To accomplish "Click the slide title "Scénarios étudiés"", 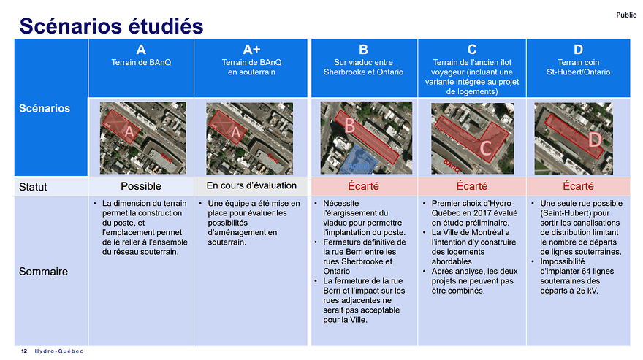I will point(111,26).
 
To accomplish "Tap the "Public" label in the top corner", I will point(625,15).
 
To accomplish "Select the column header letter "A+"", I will point(251,49).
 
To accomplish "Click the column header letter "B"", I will point(363,49).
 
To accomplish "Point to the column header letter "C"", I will point(472,49).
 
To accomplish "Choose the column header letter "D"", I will point(578,49).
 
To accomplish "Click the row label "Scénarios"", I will point(45,108).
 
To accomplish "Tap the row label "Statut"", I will point(33,187).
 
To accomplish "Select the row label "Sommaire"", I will point(43,271).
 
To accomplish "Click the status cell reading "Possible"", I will point(141,187).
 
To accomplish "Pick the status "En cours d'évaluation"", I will point(251,186).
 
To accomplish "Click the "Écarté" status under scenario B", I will point(363,187).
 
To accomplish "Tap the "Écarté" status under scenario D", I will point(578,187).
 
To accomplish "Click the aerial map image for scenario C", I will point(471,137).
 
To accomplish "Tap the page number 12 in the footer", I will point(24,351).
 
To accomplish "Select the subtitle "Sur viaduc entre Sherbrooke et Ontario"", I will point(363,67).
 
